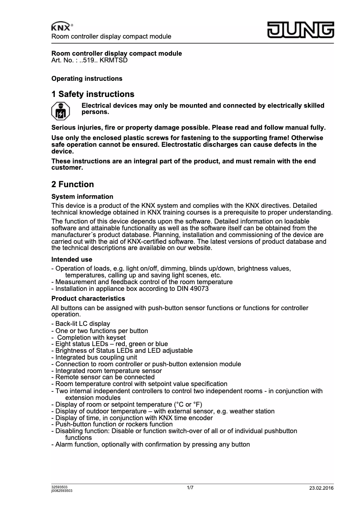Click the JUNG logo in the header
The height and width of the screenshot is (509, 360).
click(x=301, y=30)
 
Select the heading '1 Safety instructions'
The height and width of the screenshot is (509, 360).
click(x=93, y=94)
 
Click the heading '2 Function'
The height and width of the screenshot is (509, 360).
click(x=73, y=184)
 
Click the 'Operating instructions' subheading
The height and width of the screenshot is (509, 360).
click(x=87, y=79)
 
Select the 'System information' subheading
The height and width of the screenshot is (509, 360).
click(x=82, y=197)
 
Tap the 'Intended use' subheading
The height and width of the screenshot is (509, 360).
click(x=72, y=259)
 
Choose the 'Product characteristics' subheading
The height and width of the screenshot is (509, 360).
click(x=88, y=298)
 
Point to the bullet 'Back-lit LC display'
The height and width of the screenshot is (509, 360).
click(x=83, y=324)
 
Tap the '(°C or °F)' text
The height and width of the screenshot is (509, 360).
click(x=180, y=404)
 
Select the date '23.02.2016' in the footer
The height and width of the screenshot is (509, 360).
click(x=321, y=488)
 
